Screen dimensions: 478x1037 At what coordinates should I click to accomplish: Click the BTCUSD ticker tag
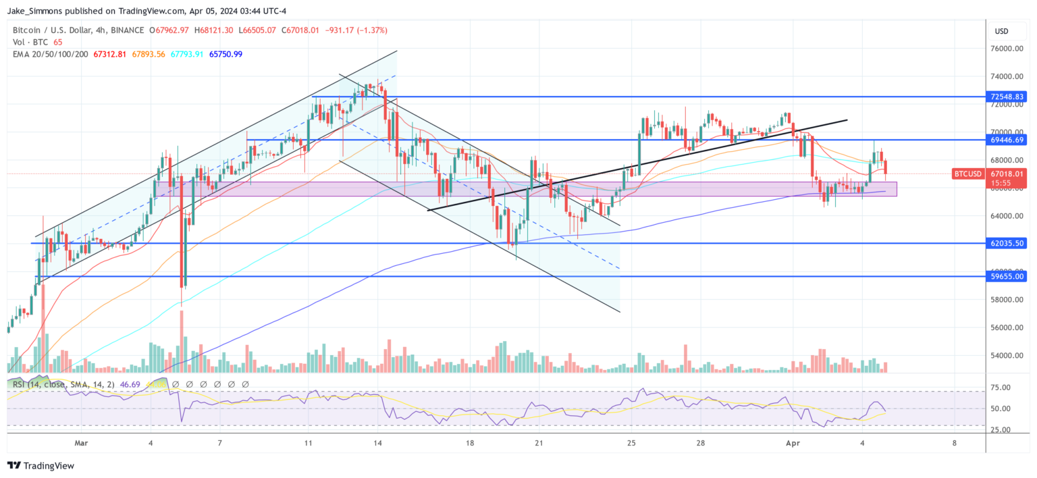[967, 174]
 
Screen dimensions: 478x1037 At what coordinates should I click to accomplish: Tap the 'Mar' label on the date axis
[82, 443]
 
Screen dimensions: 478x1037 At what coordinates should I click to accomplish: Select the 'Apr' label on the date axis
[794, 443]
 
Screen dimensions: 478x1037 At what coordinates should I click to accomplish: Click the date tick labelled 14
[378, 443]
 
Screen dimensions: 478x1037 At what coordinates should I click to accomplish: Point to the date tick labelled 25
[631, 443]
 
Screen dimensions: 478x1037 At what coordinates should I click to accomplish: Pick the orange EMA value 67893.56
[142, 54]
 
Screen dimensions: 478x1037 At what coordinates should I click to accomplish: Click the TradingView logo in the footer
[41, 466]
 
